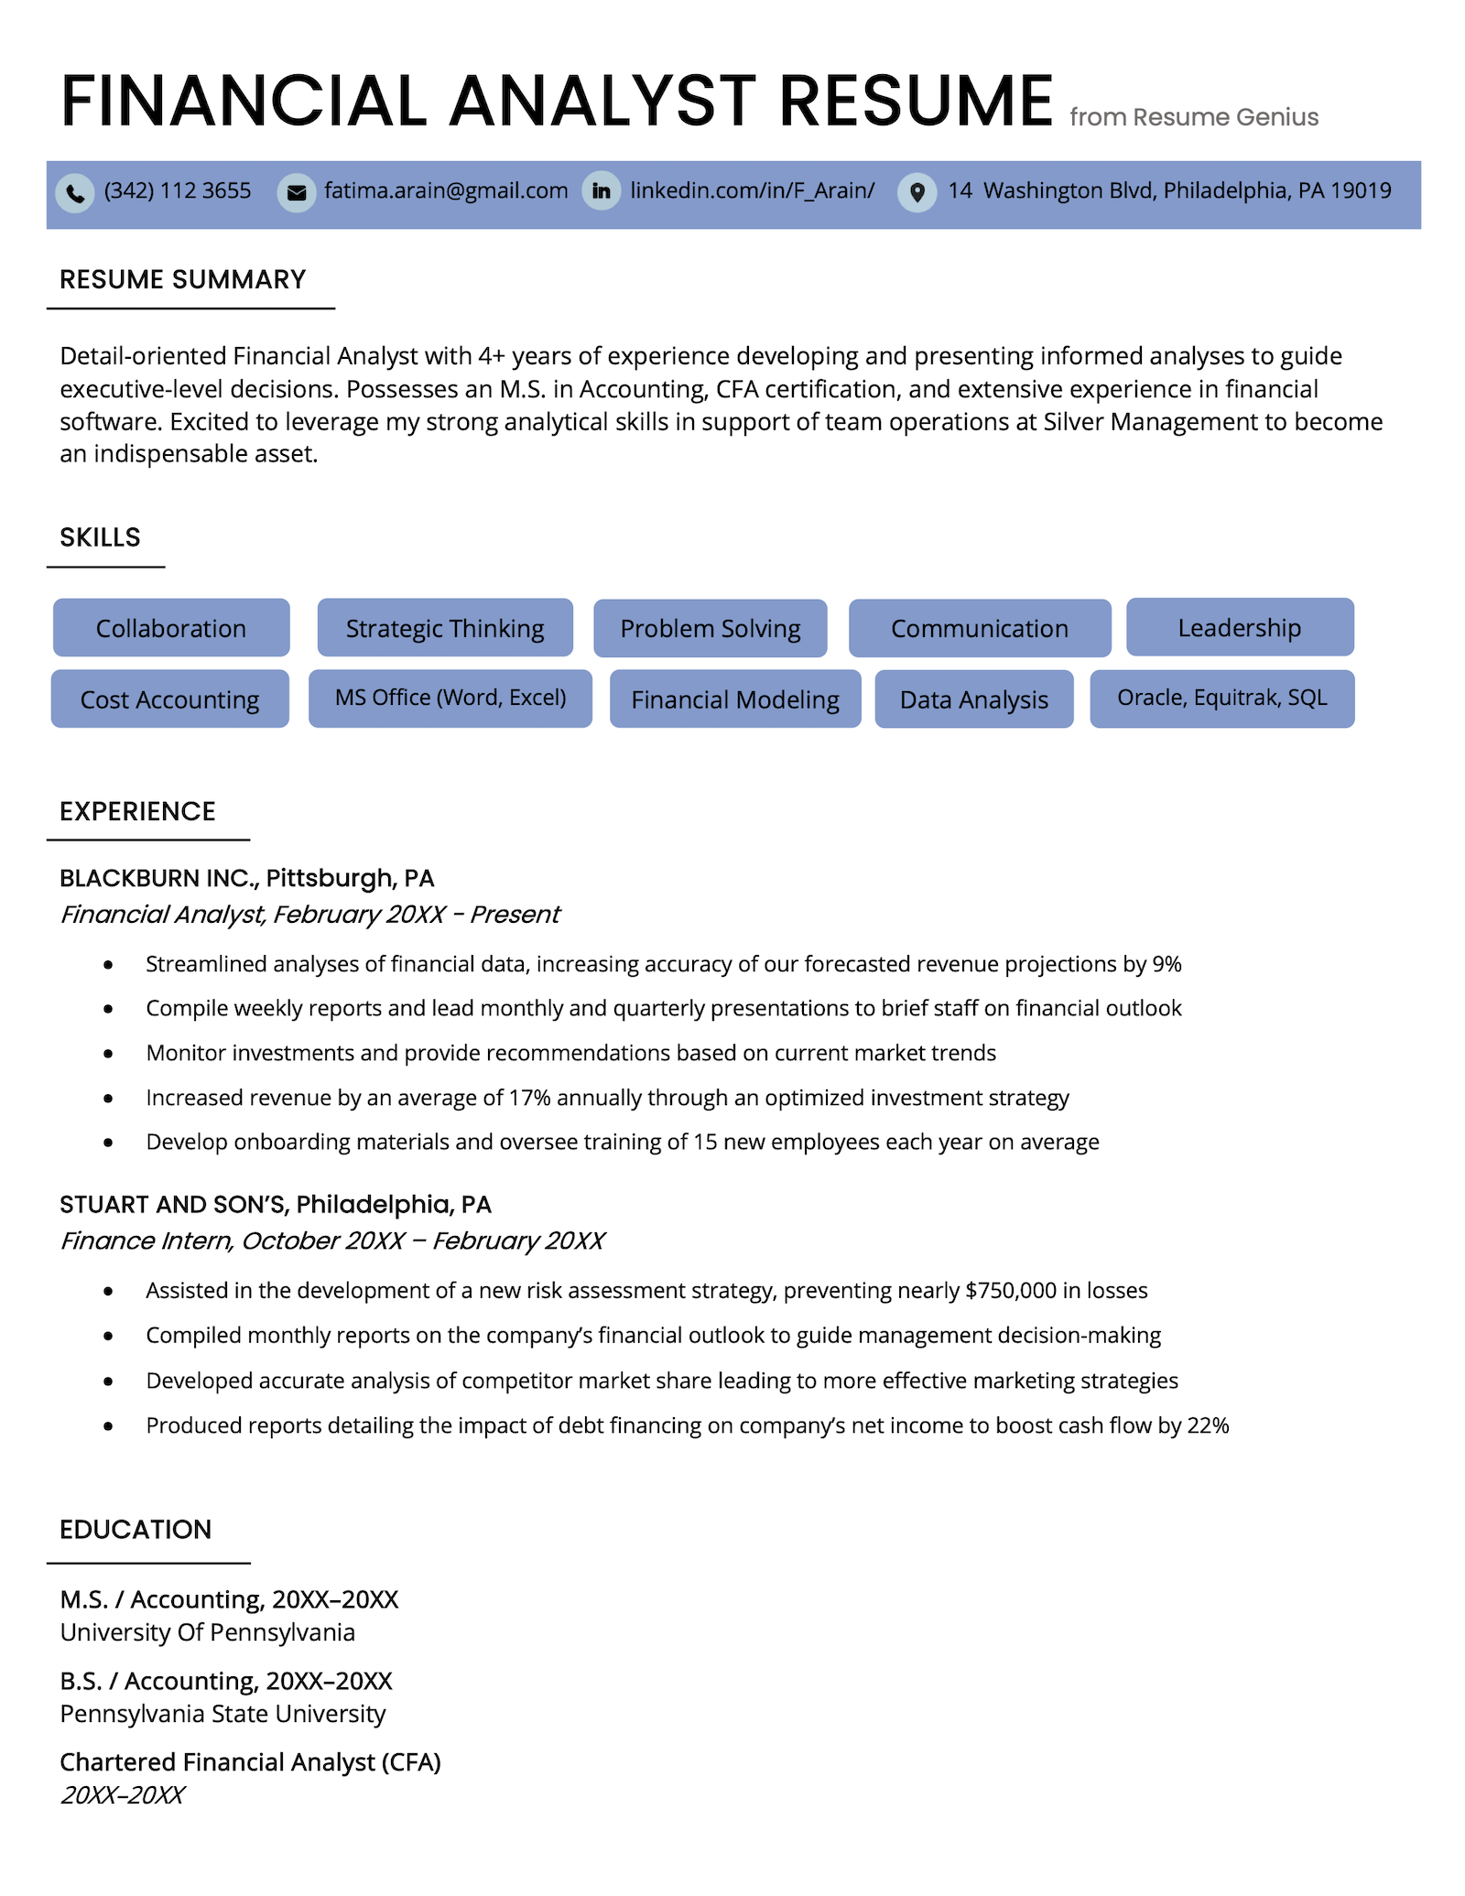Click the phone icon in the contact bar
75,193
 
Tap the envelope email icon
297,193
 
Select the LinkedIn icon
602,191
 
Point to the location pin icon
917,192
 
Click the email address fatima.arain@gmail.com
446,190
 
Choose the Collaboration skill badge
171,628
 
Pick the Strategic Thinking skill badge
445,628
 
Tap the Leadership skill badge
1239,627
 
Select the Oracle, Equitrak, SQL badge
1221,699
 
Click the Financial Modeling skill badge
735,699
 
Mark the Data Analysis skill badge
973,699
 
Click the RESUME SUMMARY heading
183,279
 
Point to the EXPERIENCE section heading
137,811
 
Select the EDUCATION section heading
136,1529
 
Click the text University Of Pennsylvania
208,1632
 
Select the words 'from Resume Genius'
1194,117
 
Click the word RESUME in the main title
916,101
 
